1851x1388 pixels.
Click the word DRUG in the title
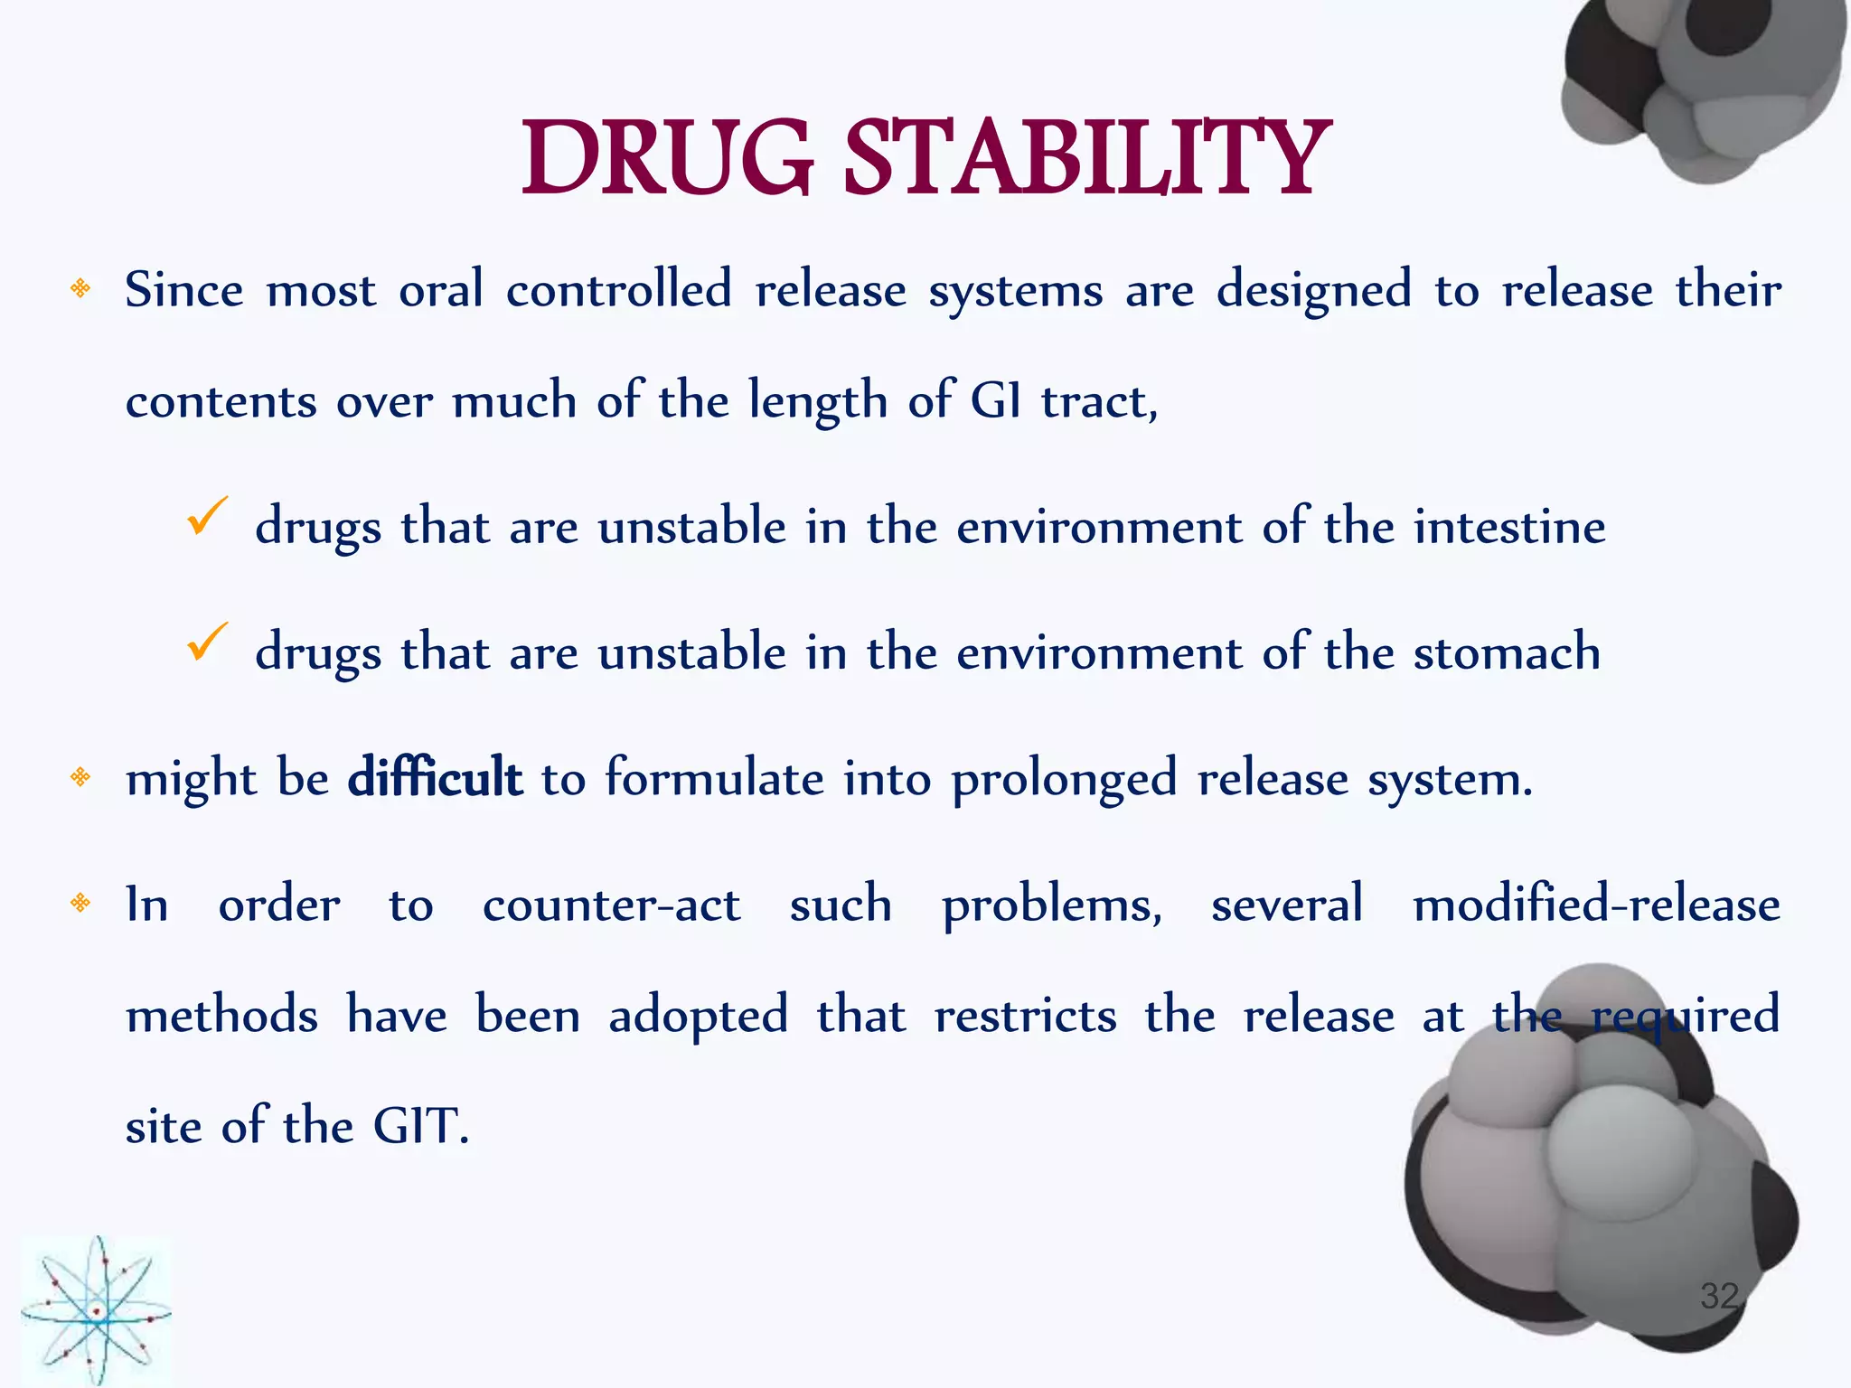point(667,160)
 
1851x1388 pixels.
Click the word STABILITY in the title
point(1086,160)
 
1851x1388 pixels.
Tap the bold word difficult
point(435,777)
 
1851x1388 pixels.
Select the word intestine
point(1509,527)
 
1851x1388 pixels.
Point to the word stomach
point(1507,652)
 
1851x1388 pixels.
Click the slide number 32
point(1718,1296)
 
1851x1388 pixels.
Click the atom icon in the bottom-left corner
point(96,1311)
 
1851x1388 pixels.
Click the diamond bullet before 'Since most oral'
point(80,289)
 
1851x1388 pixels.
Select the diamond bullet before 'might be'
point(80,777)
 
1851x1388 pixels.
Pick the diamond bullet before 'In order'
point(80,903)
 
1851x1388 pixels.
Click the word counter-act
point(611,905)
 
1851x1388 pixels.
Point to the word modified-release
point(1596,905)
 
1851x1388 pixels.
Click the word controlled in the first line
point(618,290)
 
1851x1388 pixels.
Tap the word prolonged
point(1064,779)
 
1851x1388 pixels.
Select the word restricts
point(1025,1016)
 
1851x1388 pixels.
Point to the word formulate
point(714,777)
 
